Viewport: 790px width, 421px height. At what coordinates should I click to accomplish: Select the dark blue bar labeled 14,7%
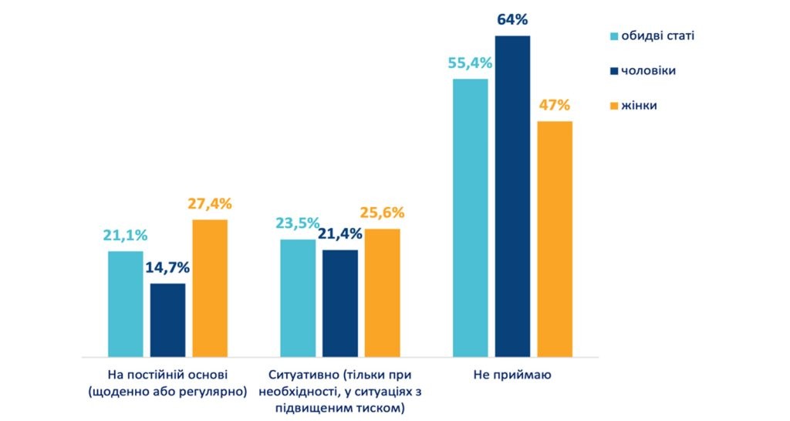[x=167, y=320]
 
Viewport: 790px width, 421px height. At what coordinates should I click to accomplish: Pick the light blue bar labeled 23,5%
[x=297, y=298]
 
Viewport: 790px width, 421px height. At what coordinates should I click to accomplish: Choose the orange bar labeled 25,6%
[x=382, y=293]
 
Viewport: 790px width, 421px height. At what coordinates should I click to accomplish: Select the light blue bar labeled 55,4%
[x=470, y=218]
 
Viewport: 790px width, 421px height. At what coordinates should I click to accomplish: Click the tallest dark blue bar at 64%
[x=512, y=196]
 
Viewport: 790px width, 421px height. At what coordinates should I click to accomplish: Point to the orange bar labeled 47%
[x=555, y=239]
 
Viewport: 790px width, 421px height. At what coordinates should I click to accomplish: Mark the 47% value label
[x=555, y=104]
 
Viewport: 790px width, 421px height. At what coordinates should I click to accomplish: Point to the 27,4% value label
[x=210, y=204]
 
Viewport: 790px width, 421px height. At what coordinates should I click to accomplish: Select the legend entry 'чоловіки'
[x=649, y=70]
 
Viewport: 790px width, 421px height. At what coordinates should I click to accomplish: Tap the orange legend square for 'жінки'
[x=614, y=105]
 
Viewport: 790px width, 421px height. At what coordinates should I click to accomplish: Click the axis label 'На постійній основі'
[x=167, y=375]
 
